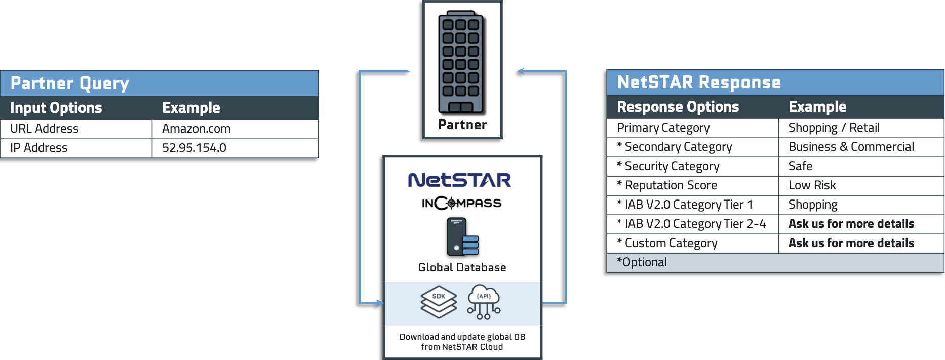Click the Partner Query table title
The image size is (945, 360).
tap(70, 84)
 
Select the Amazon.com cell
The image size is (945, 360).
tap(196, 129)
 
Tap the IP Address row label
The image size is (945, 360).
tap(39, 148)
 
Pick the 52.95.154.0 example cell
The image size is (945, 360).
tap(194, 148)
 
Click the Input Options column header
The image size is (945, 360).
tap(56, 108)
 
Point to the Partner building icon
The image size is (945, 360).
tap(461, 62)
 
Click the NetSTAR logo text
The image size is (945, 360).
tap(459, 180)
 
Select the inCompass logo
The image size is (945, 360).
tap(461, 203)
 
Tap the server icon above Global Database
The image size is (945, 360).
tap(462, 237)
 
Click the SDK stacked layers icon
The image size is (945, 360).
tap(439, 302)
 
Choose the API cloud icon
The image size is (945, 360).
tap(484, 302)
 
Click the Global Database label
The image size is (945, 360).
tap(462, 268)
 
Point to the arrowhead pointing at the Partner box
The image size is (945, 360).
tap(521, 71)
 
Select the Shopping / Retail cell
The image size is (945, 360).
tap(834, 128)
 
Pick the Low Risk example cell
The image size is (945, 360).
tap(812, 186)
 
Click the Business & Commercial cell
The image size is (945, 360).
tap(851, 147)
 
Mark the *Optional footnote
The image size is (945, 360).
tap(642, 263)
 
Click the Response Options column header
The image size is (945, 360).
tap(678, 107)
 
